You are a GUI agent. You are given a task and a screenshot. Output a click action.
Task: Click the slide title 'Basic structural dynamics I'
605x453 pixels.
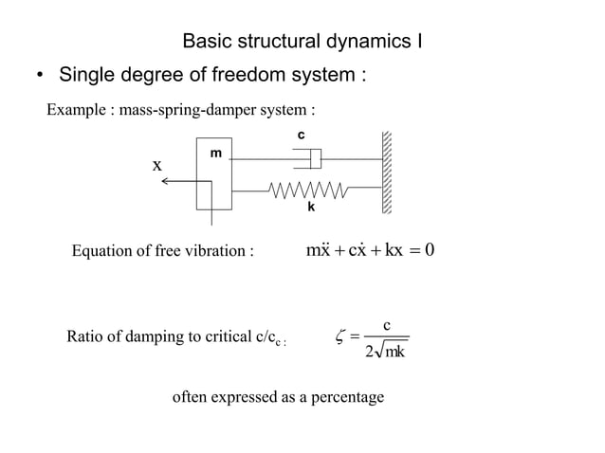[x=302, y=42]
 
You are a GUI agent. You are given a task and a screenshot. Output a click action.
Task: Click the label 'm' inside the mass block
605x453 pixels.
[x=215, y=153]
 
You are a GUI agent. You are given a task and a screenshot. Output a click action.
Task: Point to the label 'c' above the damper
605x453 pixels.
[x=301, y=136]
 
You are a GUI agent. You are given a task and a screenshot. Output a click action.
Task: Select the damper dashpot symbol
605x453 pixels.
[x=309, y=158]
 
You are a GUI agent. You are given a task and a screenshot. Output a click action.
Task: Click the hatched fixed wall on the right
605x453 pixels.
[x=387, y=175]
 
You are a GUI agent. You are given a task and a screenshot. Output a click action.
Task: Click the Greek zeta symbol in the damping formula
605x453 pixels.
[x=341, y=335]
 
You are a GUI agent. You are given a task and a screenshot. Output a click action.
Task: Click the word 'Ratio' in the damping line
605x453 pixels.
[x=83, y=335]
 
